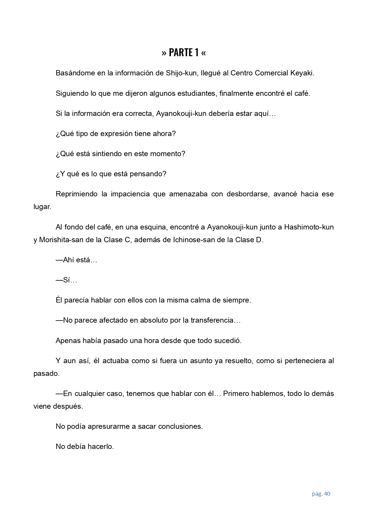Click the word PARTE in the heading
(181, 53)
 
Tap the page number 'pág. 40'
(321, 494)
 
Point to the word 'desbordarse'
(248, 194)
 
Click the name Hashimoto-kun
(309, 227)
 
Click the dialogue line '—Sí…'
(66, 280)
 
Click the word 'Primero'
(236, 394)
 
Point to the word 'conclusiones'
(180, 426)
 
